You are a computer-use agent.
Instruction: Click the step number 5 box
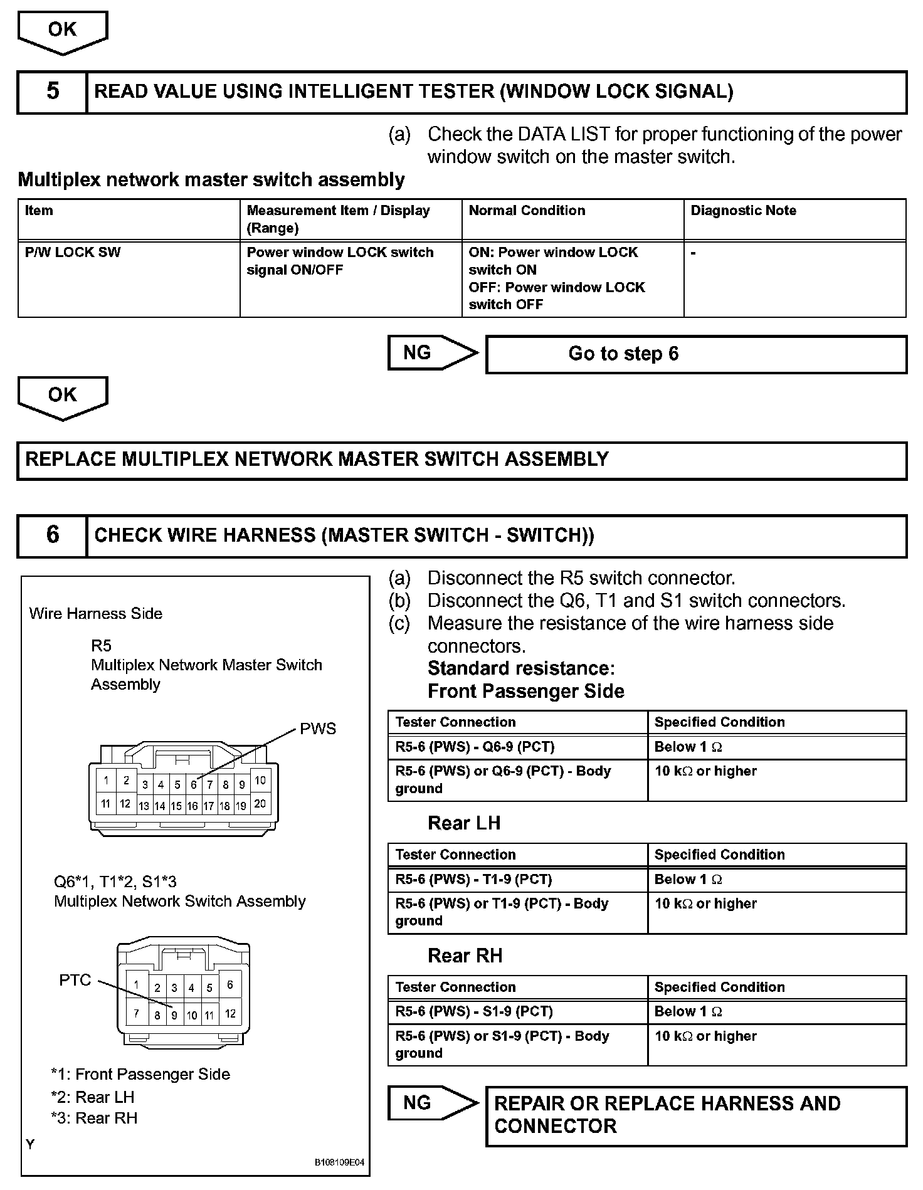[x=53, y=92]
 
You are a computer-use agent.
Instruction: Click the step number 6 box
[x=53, y=535]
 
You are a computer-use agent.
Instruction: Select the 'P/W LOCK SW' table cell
[x=73, y=253]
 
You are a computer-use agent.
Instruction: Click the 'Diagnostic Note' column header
[x=743, y=211]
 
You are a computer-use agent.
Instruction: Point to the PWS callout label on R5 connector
[x=318, y=729]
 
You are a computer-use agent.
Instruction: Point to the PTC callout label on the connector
[x=75, y=980]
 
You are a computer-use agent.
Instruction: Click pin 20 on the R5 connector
[x=260, y=804]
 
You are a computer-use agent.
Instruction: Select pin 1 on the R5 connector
[x=106, y=781]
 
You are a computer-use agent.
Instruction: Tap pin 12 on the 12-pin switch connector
[x=230, y=1013]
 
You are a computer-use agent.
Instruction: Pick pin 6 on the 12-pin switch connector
[x=230, y=985]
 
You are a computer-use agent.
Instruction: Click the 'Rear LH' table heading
[x=464, y=823]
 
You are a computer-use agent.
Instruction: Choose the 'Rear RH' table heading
[x=465, y=956]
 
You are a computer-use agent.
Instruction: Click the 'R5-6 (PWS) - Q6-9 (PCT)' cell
[x=475, y=747]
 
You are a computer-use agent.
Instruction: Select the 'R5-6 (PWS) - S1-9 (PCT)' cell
[x=474, y=1011]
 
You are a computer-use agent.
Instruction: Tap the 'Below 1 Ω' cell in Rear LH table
[x=688, y=880]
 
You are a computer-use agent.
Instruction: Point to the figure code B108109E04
[x=339, y=1162]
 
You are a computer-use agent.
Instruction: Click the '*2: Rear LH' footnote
[x=93, y=1097]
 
